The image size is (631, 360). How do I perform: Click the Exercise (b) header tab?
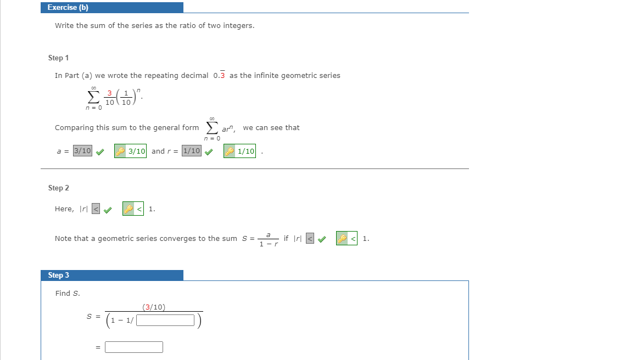click(111, 8)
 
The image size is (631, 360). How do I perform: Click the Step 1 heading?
click(58, 58)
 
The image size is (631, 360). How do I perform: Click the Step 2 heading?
click(58, 188)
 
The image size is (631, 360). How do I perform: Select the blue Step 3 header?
click(111, 275)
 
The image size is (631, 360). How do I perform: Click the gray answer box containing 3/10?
click(82, 151)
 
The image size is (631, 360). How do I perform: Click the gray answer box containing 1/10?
click(192, 151)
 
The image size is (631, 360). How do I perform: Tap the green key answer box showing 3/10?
click(131, 151)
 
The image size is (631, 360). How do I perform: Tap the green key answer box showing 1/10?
click(240, 151)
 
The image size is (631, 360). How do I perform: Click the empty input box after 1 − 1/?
click(165, 320)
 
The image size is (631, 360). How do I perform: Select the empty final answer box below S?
click(134, 347)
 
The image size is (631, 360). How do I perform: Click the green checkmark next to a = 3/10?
click(99, 152)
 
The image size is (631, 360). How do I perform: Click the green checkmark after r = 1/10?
click(209, 152)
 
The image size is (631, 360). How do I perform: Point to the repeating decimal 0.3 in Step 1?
click(219, 76)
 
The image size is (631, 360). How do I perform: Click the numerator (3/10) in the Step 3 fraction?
click(154, 307)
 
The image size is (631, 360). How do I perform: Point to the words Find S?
click(68, 294)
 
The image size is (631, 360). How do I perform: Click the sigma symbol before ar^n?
click(211, 127)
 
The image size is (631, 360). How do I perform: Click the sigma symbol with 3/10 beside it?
click(92, 97)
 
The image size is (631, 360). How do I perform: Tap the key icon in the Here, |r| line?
click(129, 209)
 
